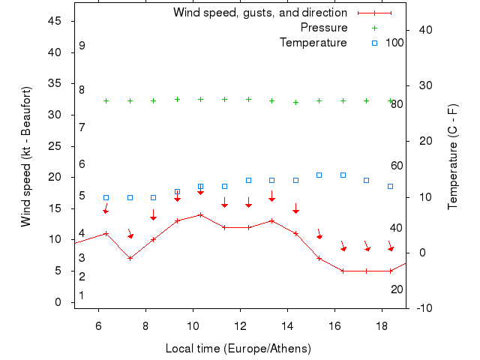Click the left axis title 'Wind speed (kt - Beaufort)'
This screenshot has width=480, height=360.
click(26, 157)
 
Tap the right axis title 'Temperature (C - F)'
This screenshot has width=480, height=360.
click(454, 157)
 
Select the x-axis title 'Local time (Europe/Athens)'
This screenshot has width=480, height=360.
click(238, 349)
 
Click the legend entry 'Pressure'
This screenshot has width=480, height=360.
click(323, 28)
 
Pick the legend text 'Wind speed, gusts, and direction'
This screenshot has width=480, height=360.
click(259, 13)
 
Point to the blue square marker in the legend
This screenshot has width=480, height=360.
click(374, 43)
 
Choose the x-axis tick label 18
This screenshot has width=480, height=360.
click(382, 326)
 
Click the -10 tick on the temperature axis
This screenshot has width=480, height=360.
click(422, 308)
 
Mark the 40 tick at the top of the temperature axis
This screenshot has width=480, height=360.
click(422, 30)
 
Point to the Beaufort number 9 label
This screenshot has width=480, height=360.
click(82, 46)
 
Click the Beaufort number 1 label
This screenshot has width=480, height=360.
click(82, 295)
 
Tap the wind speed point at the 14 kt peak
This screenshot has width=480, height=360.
click(200, 214)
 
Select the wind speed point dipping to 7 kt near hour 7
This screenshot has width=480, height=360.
click(130, 258)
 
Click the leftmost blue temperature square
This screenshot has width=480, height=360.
click(106, 197)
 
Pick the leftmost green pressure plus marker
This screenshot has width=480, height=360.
click(106, 100)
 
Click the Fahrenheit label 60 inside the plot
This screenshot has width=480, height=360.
click(397, 166)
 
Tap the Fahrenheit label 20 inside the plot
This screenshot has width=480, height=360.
click(397, 289)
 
